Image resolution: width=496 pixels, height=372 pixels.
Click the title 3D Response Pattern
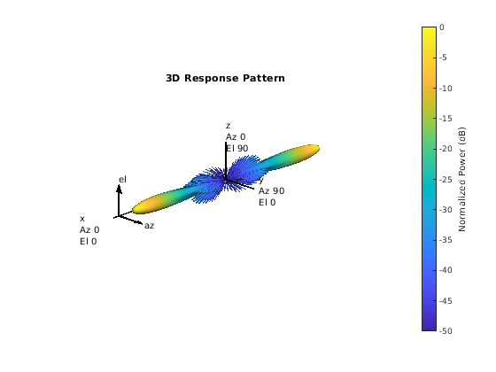point(225,78)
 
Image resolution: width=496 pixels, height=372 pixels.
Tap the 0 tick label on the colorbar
point(442,27)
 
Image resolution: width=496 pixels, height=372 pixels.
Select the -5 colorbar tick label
point(443,58)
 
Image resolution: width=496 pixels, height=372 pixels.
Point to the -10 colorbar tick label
point(446,89)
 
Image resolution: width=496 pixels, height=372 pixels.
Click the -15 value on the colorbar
point(446,119)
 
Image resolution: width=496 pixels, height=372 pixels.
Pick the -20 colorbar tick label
point(446,149)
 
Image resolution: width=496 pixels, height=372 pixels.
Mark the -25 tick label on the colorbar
point(446,179)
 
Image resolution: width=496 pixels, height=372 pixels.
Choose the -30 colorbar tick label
point(446,209)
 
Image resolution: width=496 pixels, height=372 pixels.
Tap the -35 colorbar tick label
point(446,240)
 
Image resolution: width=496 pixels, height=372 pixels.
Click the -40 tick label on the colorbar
point(446,270)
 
